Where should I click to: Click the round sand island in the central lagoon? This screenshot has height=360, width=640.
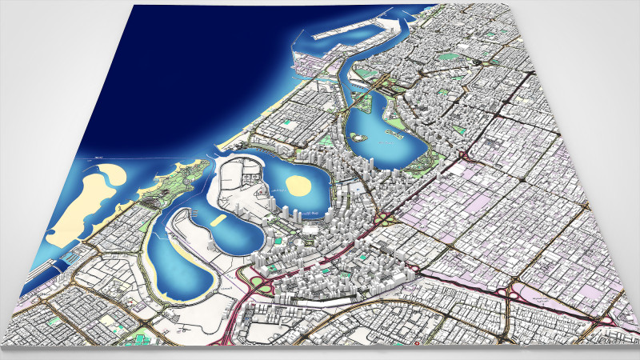[299, 185]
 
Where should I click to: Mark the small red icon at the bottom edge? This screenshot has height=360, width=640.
[416, 346]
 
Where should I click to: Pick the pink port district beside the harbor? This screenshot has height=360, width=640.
[308, 64]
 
